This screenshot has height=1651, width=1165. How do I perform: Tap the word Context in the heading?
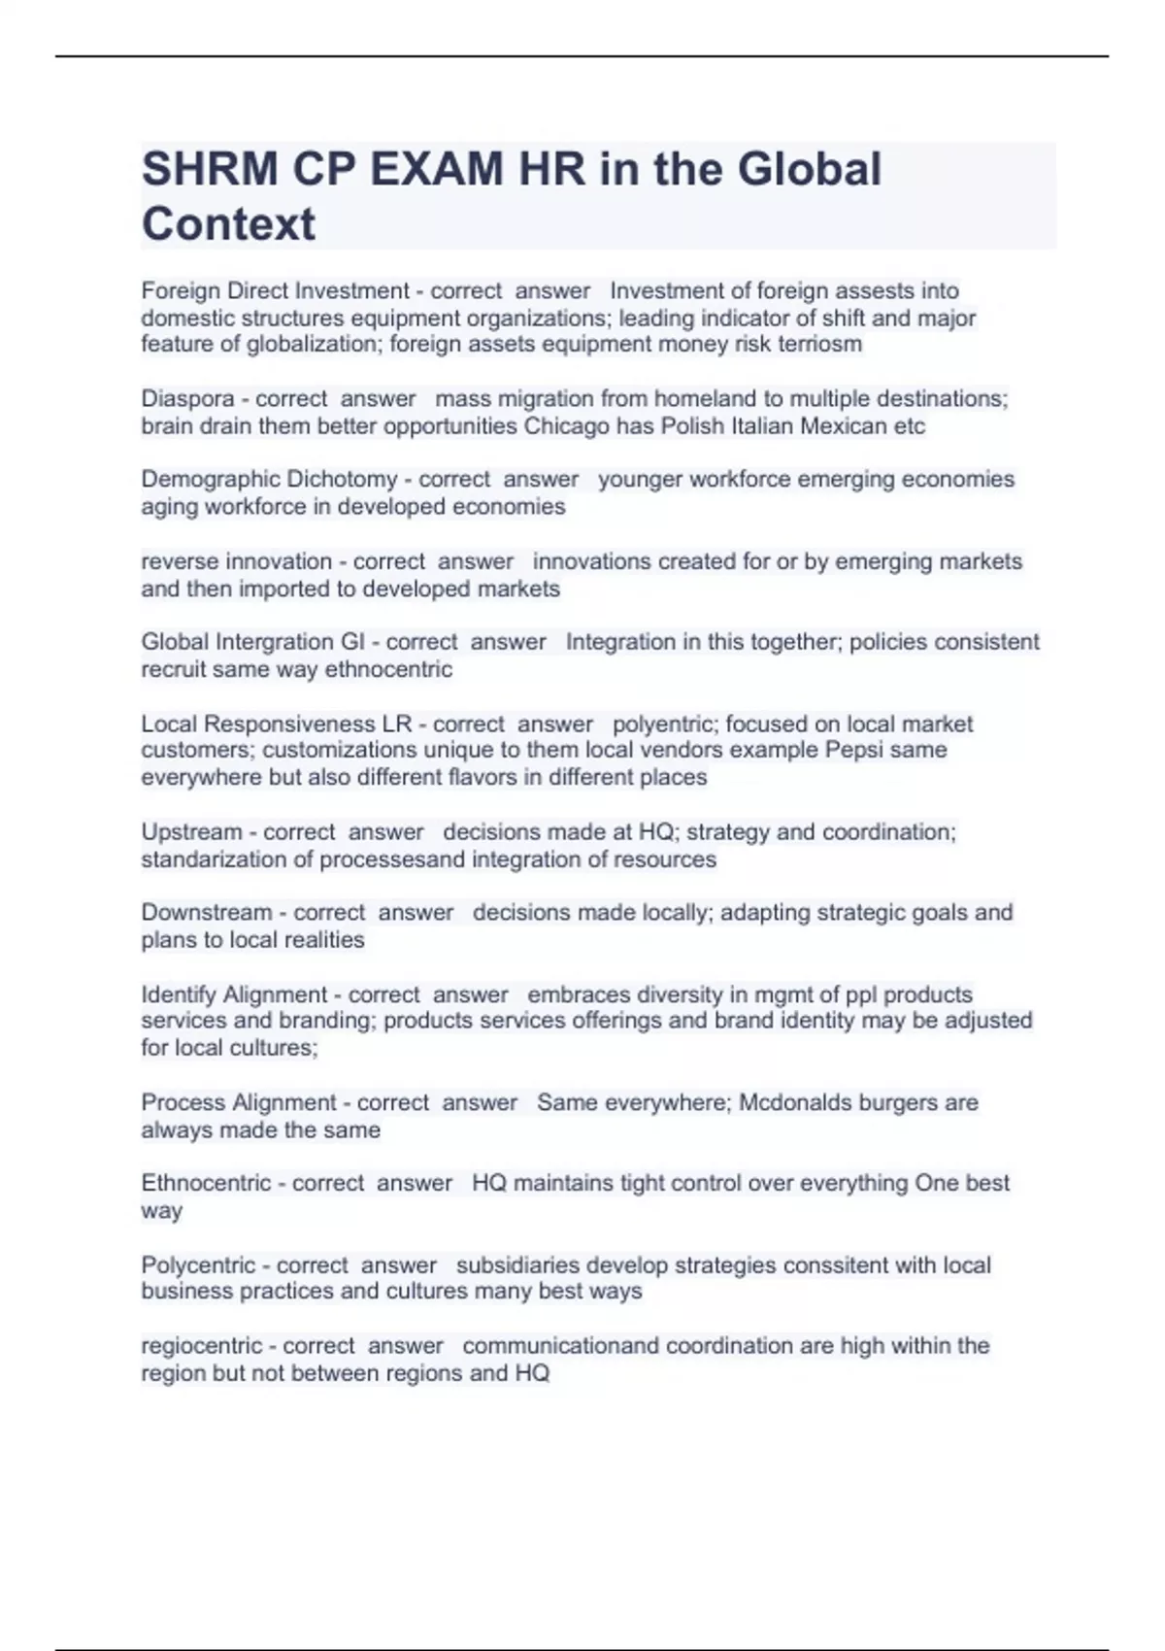click(228, 224)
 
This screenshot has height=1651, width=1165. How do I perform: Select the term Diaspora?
click(187, 399)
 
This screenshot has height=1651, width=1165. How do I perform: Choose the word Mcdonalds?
click(794, 1103)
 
